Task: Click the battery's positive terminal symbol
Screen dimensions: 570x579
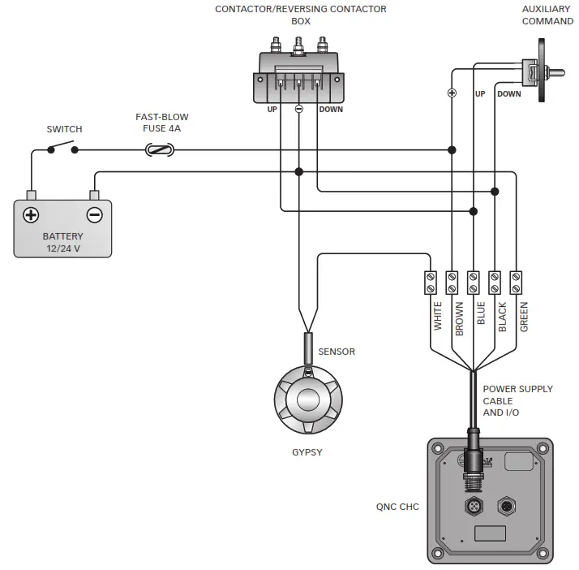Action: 31,215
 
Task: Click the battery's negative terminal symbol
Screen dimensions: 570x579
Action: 95,215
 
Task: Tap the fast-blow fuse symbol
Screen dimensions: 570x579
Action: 159,150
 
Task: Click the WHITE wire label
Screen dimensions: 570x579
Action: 438,317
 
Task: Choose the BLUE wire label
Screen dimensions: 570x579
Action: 481,314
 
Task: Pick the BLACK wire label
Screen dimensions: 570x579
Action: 502,317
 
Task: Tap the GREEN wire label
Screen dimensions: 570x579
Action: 524,317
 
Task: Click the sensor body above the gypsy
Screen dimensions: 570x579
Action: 308,348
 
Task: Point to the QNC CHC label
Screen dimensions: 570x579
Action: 398,507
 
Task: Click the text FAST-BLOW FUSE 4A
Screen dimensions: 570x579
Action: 162,123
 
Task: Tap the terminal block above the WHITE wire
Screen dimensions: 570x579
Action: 431,283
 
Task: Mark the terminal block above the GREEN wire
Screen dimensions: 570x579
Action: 516,283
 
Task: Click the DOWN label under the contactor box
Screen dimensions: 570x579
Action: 330,109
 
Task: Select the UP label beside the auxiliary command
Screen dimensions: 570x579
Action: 480,94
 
